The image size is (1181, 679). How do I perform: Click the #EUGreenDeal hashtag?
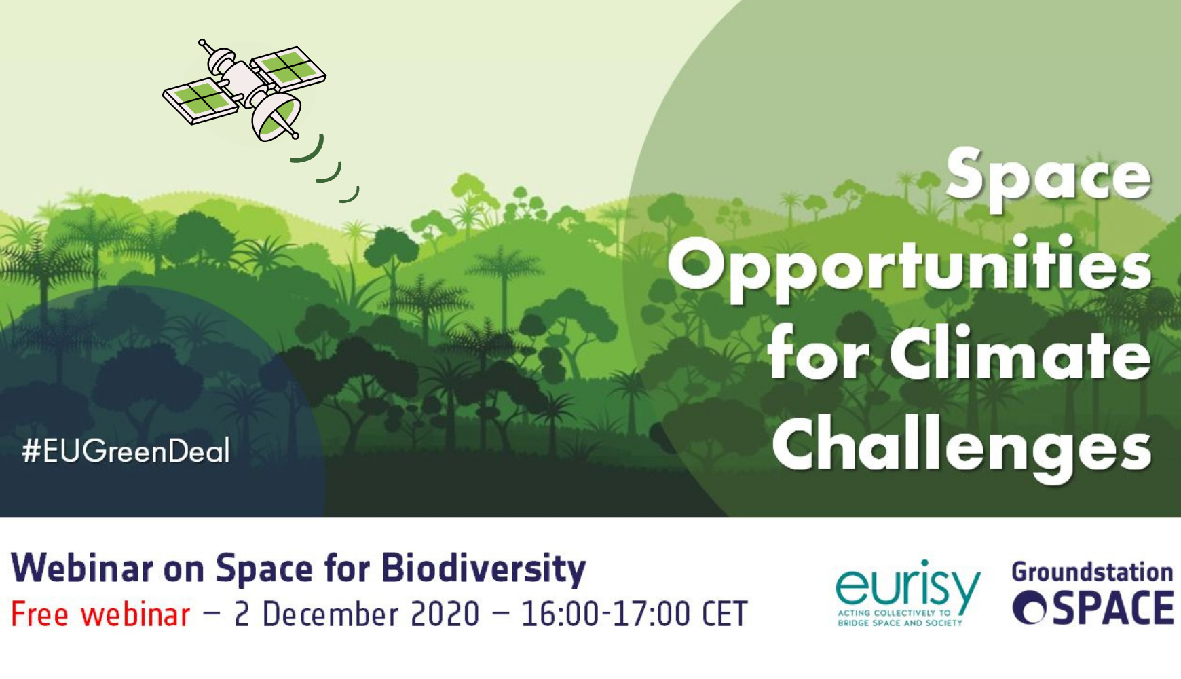(x=126, y=451)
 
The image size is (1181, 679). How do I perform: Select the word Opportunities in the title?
(x=910, y=266)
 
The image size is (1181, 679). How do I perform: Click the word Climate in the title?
(x=1021, y=354)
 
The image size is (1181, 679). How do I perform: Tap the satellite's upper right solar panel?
(x=288, y=65)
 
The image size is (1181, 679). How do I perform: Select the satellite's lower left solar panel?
(x=200, y=102)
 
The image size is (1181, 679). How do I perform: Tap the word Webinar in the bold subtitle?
(x=82, y=568)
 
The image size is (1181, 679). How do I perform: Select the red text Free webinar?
(x=100, y=614)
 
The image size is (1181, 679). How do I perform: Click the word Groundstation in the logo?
(x=1092, y=572)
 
